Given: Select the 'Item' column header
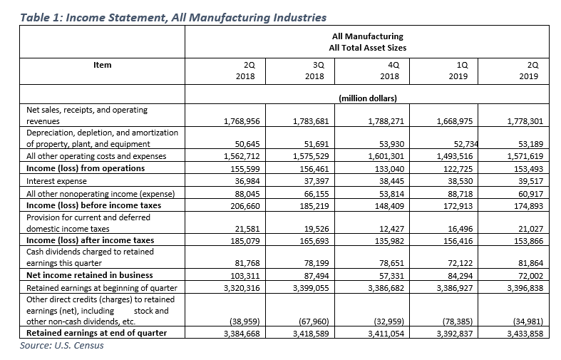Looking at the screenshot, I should (103, 65).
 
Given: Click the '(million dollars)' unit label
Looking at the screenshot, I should (366, 98).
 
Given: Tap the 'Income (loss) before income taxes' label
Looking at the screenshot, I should (93, 205).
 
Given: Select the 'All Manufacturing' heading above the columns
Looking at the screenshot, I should (367, 35).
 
